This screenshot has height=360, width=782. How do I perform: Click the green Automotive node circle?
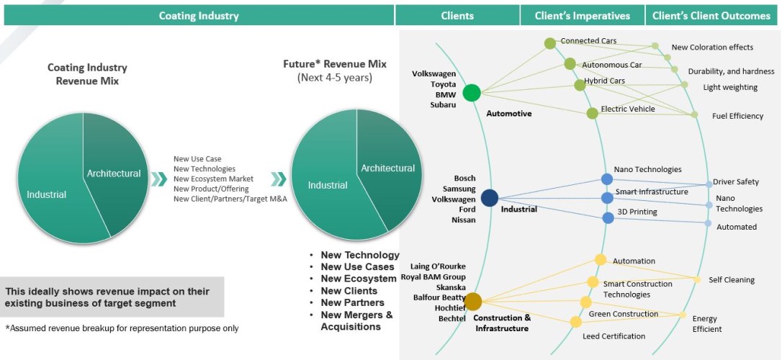click(472, 93)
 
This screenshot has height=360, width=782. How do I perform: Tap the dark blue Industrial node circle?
click(490, 198)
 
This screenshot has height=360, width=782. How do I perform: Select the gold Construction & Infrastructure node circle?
click(473, 300)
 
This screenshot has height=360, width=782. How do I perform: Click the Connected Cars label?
click(588, 41)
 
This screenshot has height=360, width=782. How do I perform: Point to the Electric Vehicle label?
click(629, 109)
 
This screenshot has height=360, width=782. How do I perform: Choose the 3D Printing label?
click(637, 212)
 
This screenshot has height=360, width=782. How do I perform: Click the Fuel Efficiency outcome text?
click(737, 116)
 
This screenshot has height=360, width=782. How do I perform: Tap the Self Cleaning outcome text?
click(731, 280)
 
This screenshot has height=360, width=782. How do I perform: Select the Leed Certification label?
click(614, 336)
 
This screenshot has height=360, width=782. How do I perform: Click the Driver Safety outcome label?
click(736, 182)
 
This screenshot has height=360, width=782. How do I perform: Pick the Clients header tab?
click(457, 16)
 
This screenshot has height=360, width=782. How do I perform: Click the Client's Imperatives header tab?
click(582, 16)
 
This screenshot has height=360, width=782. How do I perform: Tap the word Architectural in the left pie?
click(114, 174)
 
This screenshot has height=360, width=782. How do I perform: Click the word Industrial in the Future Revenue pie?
click(328, 186)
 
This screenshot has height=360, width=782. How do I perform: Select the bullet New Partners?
click(353, 303)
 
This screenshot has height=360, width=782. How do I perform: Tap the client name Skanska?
click(451, 287)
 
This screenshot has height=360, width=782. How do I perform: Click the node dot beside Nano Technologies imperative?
click(607, 179)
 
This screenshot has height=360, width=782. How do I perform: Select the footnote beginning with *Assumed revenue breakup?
click(122, 328)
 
